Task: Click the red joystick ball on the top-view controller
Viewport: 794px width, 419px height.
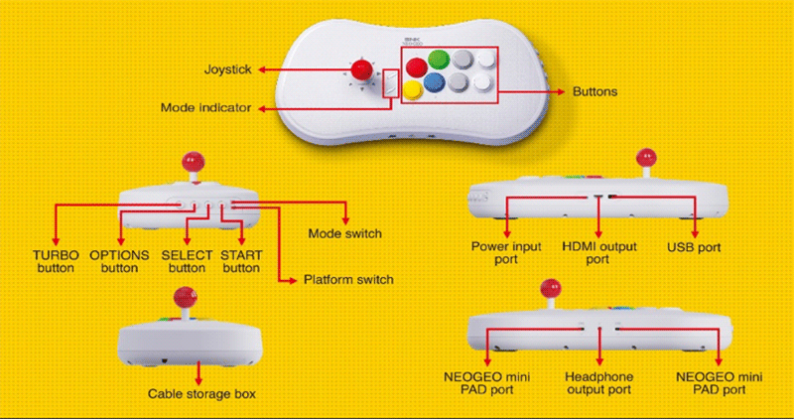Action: [x=361, y=70]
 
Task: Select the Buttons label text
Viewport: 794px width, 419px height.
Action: [x=595, y=91]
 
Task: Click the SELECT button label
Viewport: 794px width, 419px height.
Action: [x=186, y=261]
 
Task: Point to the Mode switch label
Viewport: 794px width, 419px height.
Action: [x=345, y=233]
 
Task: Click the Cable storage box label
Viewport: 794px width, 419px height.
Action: [x=201, y=394]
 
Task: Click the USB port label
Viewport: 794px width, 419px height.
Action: [x=694, y=245]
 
